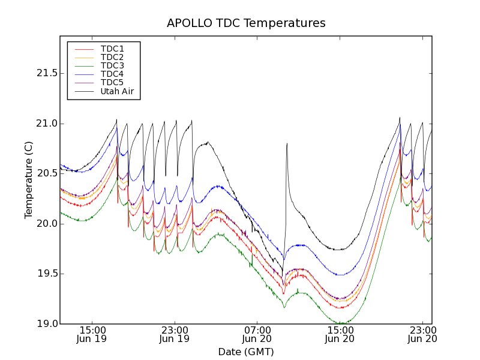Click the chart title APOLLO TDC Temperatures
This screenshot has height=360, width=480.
pyautogui.click(x=246, y=23)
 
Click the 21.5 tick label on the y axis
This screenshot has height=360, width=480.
pyautogui.click(x=46, y=73)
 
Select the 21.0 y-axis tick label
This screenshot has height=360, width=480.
pyautogui.click(x=46, y=124)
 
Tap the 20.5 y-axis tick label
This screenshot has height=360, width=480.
pyautogui.click(x=46, y=173)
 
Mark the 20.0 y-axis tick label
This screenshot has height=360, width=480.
pyautogui.click(x=46, y=224)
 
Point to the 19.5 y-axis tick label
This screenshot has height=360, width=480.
pyautogui.click(x=46, y=274)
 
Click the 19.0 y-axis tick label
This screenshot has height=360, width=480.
pyautogui.click(x=46, y=324)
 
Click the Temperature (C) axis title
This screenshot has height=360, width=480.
pyautogui.click(x=29, y=180)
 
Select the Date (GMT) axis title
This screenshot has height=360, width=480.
pyautogui.click(x=246, y=352)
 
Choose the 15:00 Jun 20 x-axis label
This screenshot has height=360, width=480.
pyautogui.click(x=340, y=335)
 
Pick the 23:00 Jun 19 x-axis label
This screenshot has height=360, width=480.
pyautogui.click(x=175, y=335)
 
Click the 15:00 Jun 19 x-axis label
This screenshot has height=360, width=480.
pyautogui.click(x=92, y=335)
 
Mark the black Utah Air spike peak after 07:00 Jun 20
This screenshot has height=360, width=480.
pyautogui.click(x=287, y=143)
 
